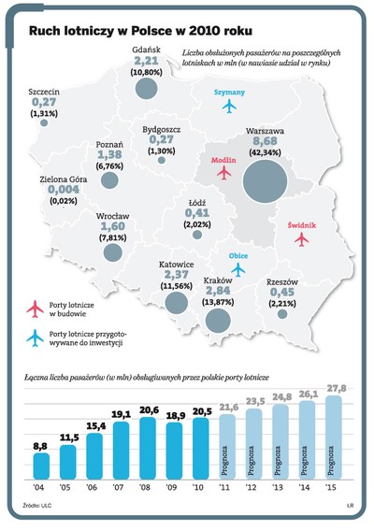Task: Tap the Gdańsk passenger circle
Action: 146,88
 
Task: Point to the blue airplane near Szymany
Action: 230,107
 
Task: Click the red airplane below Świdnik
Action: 301,239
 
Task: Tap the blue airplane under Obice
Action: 237,269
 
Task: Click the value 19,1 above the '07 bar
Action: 121,413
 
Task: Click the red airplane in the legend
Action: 35,307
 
